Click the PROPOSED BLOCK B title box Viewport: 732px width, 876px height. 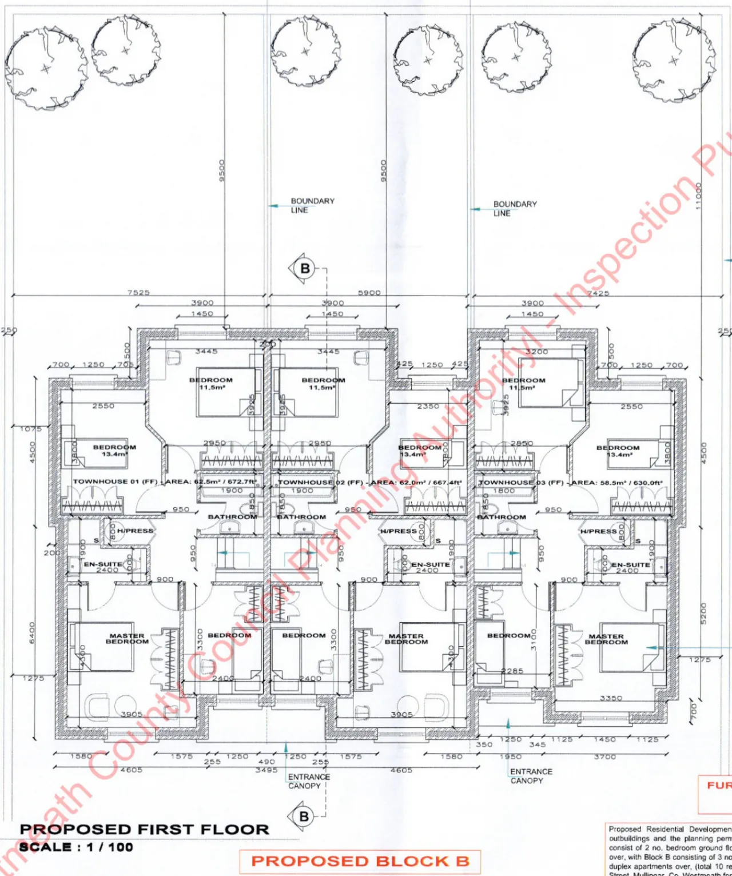360,861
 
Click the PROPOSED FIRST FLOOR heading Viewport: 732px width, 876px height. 144,829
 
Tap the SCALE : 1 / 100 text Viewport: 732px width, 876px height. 76,847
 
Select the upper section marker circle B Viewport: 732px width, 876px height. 305,268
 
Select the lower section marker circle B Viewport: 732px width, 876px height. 304,816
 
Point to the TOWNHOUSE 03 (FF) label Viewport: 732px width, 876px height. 520,483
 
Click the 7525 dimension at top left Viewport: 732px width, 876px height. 138,292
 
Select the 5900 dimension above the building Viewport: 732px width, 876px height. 369,292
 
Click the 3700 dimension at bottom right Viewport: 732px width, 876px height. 604,756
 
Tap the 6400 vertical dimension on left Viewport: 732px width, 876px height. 32,632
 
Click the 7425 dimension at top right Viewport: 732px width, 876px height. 598,293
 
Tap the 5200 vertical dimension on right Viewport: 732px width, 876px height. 704,614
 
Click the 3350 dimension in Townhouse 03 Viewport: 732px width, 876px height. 611,698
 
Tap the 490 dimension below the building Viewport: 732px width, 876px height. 266,762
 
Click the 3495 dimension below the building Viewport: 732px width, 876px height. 266,770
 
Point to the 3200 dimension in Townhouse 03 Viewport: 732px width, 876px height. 536,352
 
